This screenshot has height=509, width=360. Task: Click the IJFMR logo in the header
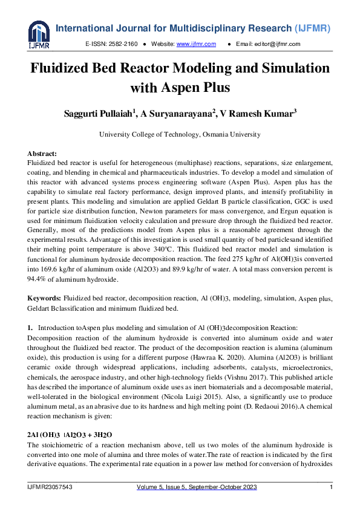38,36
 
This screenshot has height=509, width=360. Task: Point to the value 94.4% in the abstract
39,280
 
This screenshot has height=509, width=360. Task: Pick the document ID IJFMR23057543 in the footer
50,487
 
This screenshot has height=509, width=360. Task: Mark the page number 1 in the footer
332,487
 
